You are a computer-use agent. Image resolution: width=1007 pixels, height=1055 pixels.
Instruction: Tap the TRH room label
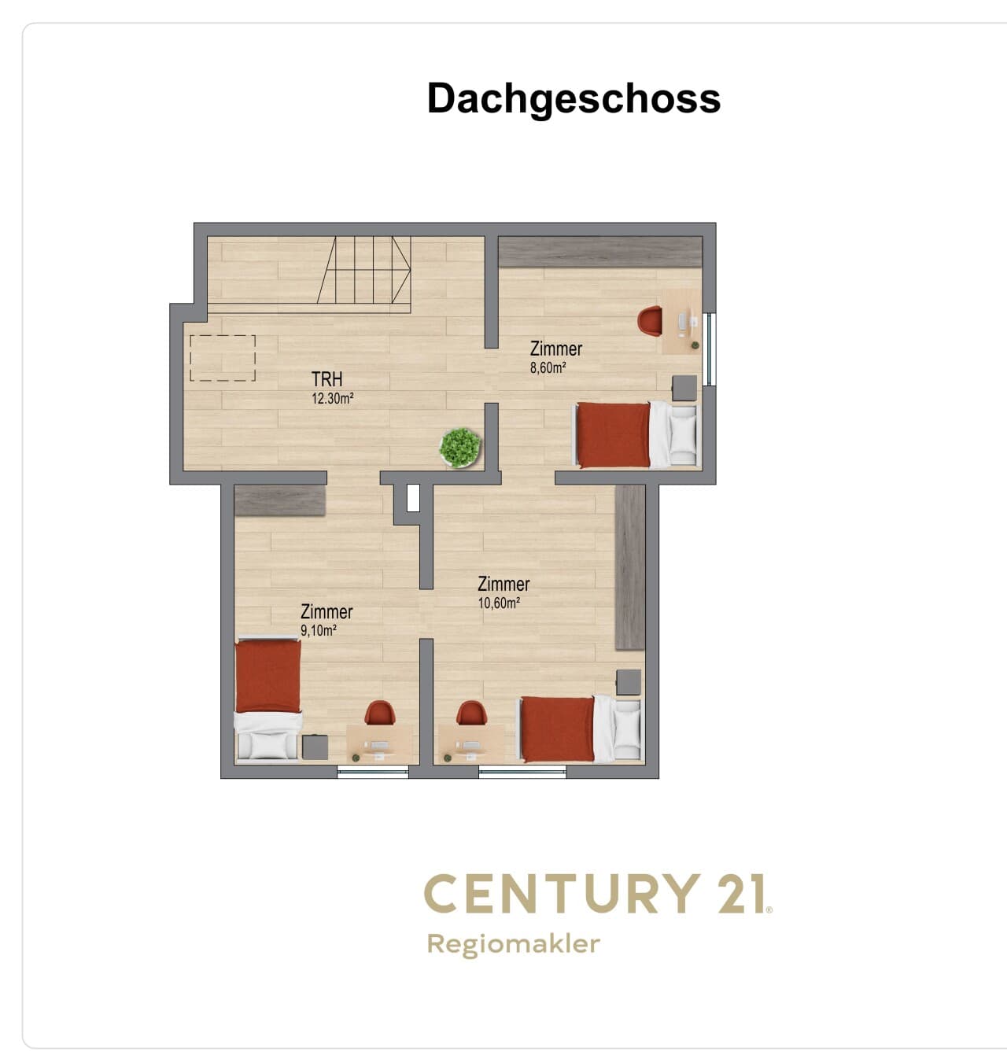327,379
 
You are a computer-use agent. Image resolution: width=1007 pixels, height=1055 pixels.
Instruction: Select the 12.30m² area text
332,398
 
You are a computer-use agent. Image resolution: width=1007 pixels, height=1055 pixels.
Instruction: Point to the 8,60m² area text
548,367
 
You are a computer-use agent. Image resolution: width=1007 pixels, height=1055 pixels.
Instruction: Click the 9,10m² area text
319,630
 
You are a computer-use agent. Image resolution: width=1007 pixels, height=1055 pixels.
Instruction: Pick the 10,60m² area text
499,603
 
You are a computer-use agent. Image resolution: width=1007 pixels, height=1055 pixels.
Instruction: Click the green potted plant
460,447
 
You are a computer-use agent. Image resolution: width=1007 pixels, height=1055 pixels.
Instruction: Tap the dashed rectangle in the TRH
223,358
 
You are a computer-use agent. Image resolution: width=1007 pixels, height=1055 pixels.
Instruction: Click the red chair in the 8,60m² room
650,321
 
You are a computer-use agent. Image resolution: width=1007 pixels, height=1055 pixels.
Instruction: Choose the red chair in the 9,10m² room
380,713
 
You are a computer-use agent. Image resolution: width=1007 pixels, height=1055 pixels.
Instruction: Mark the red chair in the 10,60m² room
472,713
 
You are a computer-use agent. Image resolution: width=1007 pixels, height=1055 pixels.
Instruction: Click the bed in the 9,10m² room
267,698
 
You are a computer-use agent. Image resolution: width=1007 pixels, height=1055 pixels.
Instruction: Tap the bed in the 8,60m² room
636,434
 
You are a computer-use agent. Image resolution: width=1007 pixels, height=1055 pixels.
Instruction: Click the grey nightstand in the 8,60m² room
684,387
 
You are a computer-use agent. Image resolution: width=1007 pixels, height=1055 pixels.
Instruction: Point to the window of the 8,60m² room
710,349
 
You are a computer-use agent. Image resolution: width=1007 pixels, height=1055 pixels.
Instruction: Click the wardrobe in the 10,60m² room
630,566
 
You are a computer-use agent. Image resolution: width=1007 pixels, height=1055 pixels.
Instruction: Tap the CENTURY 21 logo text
598,894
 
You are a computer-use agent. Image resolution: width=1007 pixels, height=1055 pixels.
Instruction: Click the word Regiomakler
513,944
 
